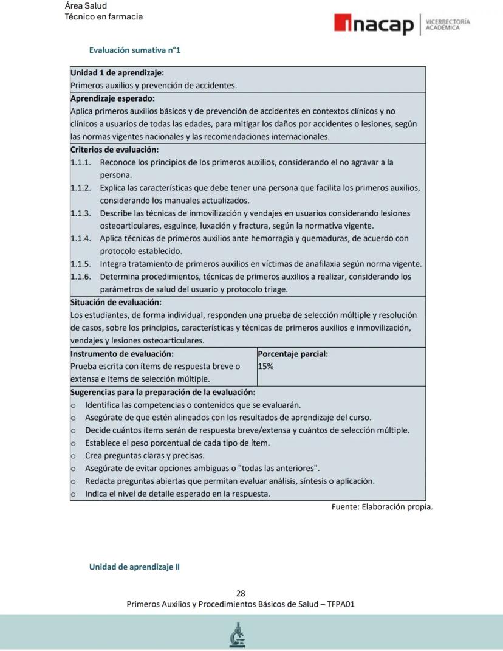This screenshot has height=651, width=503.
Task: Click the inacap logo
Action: point(374,24)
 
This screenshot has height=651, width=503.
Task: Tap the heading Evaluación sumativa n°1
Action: point(134,50)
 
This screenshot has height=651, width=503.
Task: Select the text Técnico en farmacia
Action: point(104,16)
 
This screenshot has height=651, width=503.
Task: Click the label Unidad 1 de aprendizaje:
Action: point(117,73)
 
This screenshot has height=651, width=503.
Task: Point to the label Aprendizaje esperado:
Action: point(112,98)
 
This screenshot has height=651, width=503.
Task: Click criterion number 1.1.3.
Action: point(81,213)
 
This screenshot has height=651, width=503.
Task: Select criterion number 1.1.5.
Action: point(81,264)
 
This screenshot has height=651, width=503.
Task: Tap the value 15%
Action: point(265,367)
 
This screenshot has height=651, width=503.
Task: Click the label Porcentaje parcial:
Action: point(293,354)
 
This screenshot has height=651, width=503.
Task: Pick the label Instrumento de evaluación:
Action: point(122,354)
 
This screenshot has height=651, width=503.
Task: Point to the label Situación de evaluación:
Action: point(116,302)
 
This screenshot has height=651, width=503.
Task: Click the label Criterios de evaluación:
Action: point(114,150)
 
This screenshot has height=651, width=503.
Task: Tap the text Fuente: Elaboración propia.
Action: point(382,507)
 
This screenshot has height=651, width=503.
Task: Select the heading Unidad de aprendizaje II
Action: point(134,567)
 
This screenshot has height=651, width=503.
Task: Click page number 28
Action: point(241,593)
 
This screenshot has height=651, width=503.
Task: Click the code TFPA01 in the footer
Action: point(341,604)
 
